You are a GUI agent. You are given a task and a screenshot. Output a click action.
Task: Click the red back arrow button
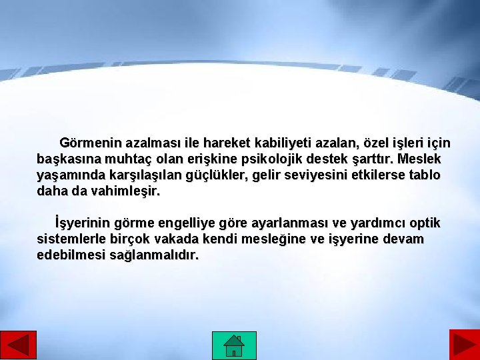[x=19, y=345]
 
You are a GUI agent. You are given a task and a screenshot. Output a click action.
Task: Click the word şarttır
[x=371, y=160]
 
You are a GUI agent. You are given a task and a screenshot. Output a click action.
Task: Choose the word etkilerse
[x=372, y=175]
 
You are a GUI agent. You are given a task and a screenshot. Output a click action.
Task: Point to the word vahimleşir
[x=125, y=191]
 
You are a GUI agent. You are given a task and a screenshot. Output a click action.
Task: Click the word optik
[x=424, y=223]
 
